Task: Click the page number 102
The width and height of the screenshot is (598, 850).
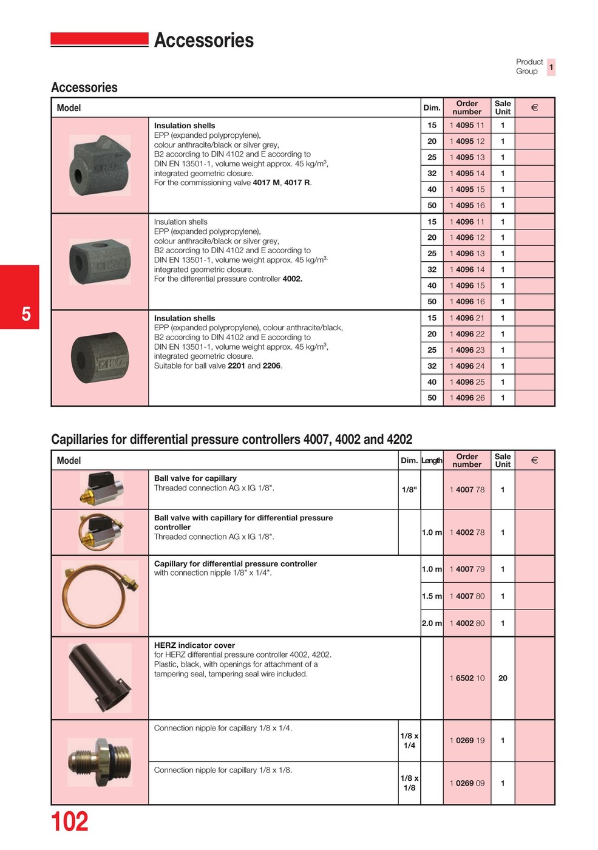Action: point(70,821)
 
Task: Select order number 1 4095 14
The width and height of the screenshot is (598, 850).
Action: point(467,173)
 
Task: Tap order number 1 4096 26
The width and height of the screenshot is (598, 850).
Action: point(467,398)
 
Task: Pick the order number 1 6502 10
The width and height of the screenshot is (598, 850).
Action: point(467,678)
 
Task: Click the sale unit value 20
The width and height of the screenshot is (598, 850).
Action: point(503,678)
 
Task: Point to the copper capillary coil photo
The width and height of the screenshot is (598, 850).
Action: point(100,596)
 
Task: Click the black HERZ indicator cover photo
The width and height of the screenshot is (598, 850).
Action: point(99,677)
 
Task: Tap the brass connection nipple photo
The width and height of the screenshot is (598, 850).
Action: point(100,762)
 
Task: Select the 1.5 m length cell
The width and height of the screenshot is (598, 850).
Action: point(432,596)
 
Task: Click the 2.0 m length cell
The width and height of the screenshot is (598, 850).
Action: point(432,623)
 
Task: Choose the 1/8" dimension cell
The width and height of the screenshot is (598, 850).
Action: point(409,489)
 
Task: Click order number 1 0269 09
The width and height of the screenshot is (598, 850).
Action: point(467,783)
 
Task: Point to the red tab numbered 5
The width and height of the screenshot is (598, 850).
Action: point(20,297)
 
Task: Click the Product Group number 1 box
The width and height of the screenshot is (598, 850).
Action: point(551,67)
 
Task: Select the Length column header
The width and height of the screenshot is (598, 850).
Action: point(432,460)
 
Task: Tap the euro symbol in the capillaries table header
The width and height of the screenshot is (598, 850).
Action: point(534,460)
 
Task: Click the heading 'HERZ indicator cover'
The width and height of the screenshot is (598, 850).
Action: point(194,645)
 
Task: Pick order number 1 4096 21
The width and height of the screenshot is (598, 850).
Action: point(467,318)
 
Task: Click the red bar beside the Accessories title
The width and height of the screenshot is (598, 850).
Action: point(100,39)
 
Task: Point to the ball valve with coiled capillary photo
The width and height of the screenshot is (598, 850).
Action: point(100,532)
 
